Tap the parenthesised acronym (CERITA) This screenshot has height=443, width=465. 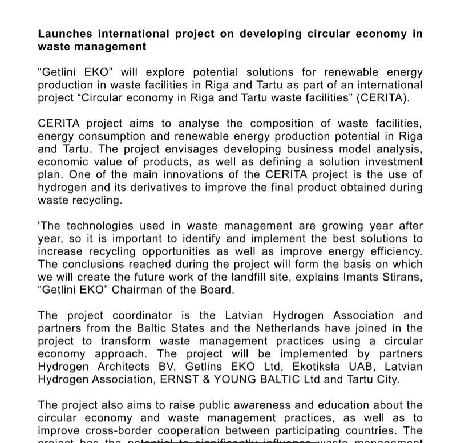tap(383, 97)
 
